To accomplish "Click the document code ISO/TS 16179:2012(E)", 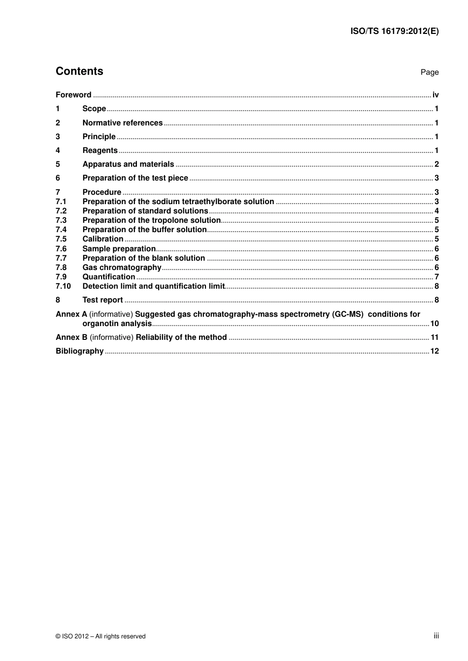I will click(394, 31).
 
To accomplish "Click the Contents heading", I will click(79, 71).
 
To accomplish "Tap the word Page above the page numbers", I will click(429, 72).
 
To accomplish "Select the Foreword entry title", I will click(73, 95).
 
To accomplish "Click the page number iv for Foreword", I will click(435, 95).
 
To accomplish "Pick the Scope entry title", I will click(94, 109).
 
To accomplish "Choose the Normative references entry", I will click(122, 123).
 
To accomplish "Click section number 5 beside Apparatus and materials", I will click(58, 164).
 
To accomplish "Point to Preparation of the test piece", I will click(135, 178).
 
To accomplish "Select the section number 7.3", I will click(61, 220).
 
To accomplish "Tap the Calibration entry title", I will click(102, 239).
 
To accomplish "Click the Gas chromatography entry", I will click(122, 268).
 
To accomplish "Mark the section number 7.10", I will click(63, 286).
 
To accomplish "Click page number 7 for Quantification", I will click(436, 277).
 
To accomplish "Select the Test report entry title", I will click(102, 300).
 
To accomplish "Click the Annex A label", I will click(71, 314).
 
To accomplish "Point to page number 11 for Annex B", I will click(435, 337).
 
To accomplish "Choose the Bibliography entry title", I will click(79, 351).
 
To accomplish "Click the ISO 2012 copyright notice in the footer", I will click(100, 636).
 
